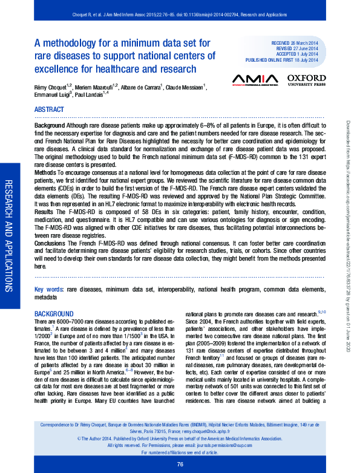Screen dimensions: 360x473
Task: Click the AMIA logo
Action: pos(255,79)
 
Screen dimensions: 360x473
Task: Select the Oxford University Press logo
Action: pos(306,80)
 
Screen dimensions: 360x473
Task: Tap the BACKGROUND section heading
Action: pos(54,315)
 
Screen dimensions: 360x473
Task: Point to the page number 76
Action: pos(180,464)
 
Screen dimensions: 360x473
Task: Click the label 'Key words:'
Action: pos(48,290)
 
